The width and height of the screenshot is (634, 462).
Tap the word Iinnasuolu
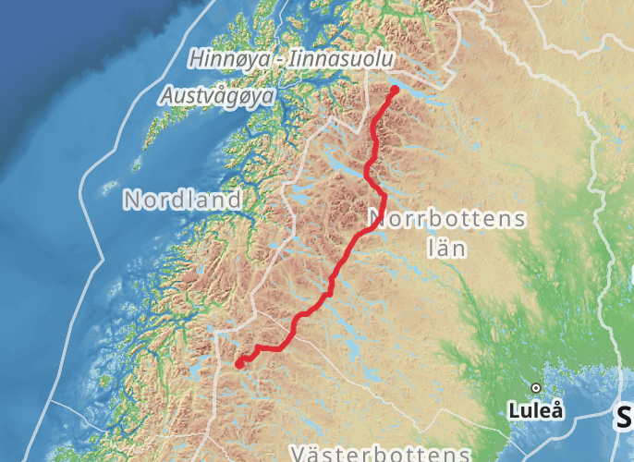coord(340,60)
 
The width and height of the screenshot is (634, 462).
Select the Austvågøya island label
coord(218,95)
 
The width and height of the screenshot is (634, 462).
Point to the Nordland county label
coord(183,199)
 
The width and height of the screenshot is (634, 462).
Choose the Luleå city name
coord(537,410)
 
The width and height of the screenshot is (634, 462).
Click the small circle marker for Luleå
coord(535,387)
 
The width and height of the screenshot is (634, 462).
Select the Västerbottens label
coord(379,454)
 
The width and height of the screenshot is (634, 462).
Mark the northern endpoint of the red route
coord(395,91)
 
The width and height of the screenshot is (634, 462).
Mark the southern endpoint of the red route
coord(238,364)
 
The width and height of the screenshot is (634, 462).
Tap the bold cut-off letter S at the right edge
coord(626,418)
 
